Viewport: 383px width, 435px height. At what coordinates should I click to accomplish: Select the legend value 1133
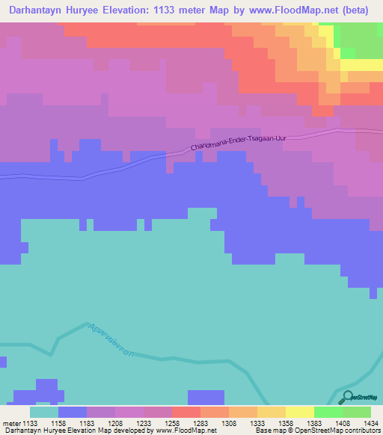tap(30, 423)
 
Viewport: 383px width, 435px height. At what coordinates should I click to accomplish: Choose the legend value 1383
tap(314, 423)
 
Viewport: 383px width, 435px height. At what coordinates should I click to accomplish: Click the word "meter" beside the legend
tap(10, 423)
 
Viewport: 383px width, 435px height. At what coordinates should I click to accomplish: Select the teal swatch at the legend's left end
tap(44, 412)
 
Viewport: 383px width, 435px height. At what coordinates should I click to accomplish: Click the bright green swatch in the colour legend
tap(328, 412)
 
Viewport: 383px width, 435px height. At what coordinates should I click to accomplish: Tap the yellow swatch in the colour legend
tap(299, 412)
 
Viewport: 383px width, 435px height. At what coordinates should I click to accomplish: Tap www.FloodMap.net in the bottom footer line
tap(187, 431)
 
